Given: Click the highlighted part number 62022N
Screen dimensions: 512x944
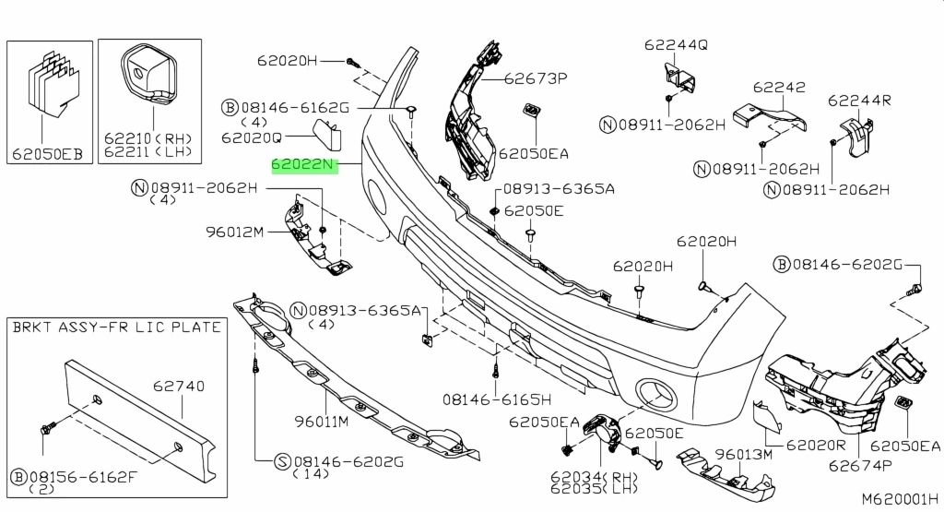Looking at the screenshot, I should click(301, 166).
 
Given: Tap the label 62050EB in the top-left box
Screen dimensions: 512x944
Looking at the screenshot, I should click(47, 155).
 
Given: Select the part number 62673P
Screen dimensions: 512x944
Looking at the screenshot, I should click(535, 79).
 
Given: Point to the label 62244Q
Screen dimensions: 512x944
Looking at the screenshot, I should click(676, 44).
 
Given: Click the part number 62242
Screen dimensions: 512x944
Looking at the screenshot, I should click(778, 88).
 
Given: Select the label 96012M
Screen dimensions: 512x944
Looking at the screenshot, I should click(234, 232).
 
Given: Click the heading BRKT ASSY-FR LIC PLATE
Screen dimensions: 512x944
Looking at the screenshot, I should click(116, 327).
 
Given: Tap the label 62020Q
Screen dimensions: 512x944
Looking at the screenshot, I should click(251, 137).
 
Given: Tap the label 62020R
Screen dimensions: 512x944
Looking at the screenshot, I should click(816, 445).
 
